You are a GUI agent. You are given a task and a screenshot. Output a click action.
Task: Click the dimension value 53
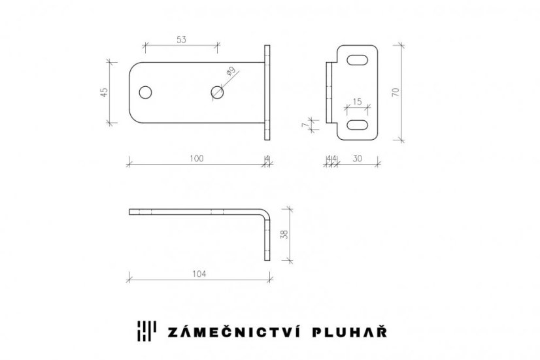tap(182, 40)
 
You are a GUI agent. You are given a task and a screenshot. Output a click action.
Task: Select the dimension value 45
tap(104, 92)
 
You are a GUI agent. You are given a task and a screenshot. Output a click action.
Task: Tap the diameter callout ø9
tap(231, 72)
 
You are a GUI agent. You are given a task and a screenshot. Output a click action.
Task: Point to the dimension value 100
tap(197, 158)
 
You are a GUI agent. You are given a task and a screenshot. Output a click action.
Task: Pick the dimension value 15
tap(358, 101)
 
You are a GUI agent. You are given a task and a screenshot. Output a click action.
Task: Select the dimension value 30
tap(358, 158)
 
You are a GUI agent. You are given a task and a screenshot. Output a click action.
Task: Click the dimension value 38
tap(284, 234)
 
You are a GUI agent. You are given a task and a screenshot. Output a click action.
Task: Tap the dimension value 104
tap(199, 274)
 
